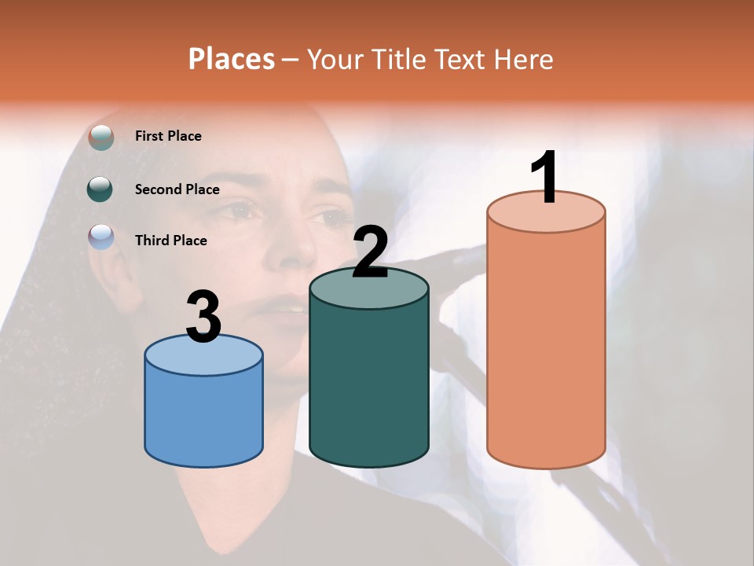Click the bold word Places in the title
pos(232,59)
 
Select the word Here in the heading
pos(524,59)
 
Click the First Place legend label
pos(168,136)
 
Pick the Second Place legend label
pos(177,189)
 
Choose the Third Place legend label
pos(170,241)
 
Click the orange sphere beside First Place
pos(101,137)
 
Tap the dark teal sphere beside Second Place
pos(101,189)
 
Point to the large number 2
pos(370,252)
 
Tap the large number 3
pos(203,317)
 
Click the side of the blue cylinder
pos(203,417)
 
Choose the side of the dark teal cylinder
pos(369,385)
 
